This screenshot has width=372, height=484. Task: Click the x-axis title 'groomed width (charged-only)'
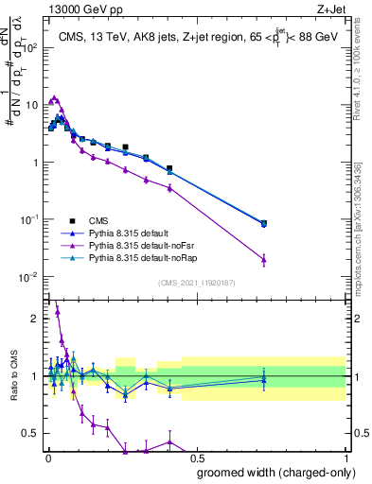point(264,471)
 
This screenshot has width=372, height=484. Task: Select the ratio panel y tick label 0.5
point(27,434)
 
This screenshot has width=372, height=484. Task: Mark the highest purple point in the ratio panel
point(57,310)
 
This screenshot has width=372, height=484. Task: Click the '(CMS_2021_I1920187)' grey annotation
point(196,282)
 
